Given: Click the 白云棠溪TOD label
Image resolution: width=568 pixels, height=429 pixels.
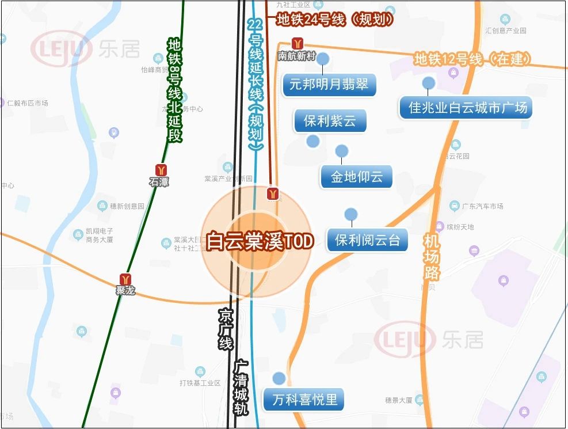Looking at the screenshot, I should (x=260, y=241).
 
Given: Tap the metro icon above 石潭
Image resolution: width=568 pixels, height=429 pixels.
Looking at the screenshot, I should (x=161, y=170).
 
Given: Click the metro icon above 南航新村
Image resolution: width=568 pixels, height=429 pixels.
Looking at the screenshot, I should (x=297, y=44).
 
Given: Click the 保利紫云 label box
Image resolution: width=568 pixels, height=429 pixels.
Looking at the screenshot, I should (x=330, y=121).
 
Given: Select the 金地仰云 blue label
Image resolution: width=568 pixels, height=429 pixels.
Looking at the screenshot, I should (x=356, y=177).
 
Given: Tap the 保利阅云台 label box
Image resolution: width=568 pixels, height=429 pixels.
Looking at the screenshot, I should (x=367, y=240).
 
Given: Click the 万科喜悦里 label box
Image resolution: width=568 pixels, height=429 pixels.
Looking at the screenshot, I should (x=305, y=398).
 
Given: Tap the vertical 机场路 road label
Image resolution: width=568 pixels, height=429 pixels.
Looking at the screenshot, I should (x=431, y=256).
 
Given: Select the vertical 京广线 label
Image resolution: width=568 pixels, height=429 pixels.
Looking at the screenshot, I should (x=225, y=329).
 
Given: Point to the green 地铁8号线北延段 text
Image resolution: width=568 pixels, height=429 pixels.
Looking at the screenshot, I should (x=174, y=90).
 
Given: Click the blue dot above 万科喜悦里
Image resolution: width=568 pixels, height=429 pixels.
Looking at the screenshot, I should (x=279, y=378).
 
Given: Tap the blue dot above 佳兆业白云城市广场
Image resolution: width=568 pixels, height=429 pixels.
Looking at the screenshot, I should (x=428, y=83).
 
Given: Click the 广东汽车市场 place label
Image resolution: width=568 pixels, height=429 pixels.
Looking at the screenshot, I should (x=482, y=206).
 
